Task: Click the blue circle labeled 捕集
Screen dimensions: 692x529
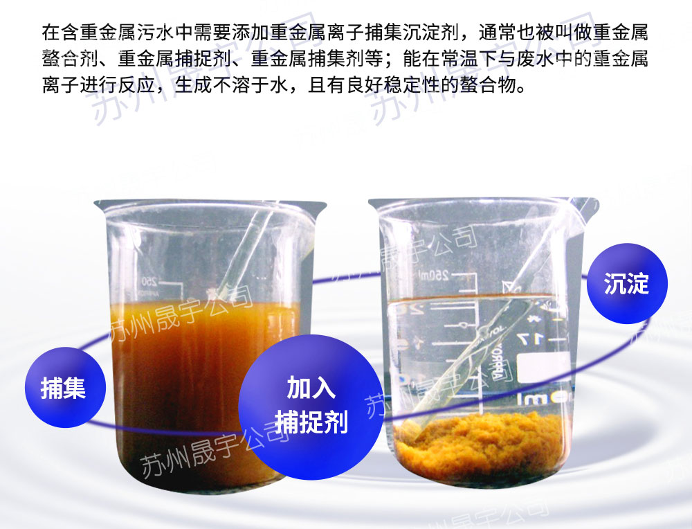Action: (65, 387)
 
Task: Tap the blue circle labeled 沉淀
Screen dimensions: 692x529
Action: (627, 283)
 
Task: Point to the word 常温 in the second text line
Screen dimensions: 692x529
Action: (459, 58)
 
